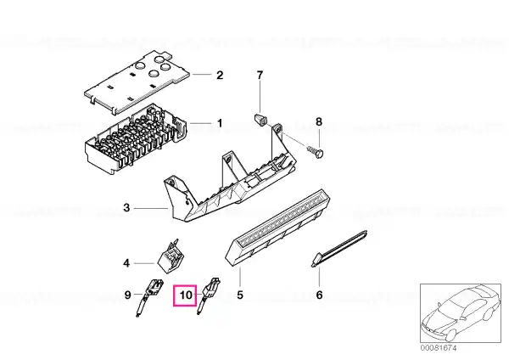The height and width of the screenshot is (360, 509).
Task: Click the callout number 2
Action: tap(220, 75)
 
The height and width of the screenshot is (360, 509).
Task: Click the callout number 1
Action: tap(220, 123)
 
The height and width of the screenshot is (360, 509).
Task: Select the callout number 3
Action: tap(126, 206)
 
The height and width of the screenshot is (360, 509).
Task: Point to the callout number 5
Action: tap(240, 295)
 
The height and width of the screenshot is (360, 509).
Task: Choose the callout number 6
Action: tap(319, 295)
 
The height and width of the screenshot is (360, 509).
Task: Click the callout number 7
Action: tap(260, 78)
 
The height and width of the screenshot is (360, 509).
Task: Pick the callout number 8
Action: tap(319, 123)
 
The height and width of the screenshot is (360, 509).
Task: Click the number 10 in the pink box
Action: tap(186, 295)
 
